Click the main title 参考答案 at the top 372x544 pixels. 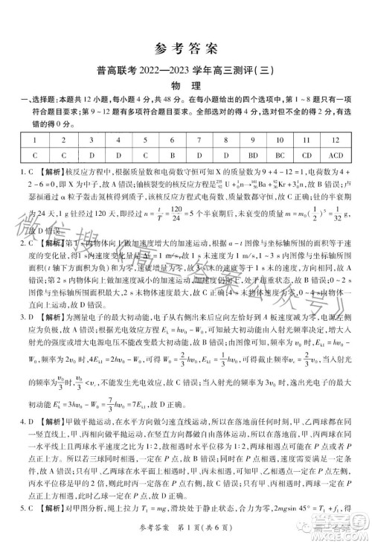[x=187, y=50]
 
